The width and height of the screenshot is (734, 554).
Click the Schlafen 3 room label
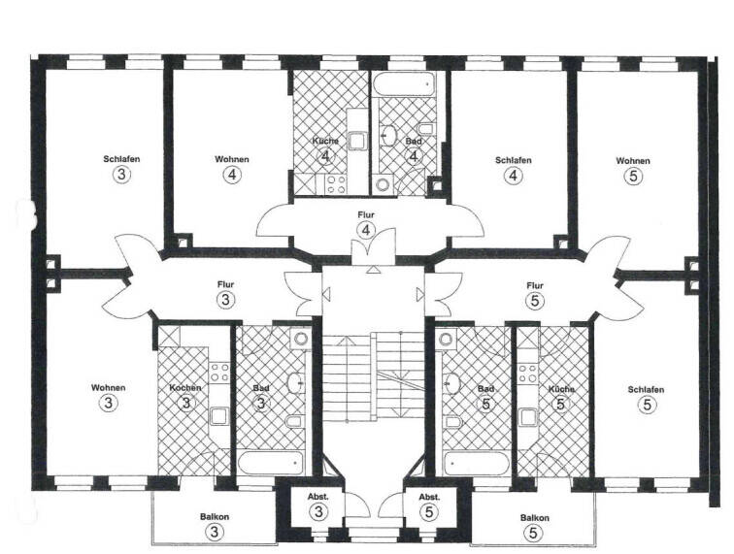point(120,159)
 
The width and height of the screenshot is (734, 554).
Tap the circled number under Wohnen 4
point(232,176)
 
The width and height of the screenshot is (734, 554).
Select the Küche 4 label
point(325,142)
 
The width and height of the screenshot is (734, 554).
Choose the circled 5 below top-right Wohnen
point(633,176)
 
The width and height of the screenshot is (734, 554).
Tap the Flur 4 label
point(366,214)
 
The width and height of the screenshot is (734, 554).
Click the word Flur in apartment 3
point(225,284)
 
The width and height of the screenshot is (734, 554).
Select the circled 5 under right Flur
point(533,301)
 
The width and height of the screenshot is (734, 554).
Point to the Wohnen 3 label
point(110,387)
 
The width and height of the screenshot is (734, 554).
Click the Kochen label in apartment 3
point(185,388)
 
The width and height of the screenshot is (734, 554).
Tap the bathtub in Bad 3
point(271,462)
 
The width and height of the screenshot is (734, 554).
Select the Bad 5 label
point(486,389)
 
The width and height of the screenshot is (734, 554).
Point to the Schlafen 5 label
point(646,389)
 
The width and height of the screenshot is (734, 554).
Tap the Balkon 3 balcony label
point(216,517)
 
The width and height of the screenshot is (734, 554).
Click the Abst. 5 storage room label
point(429,497)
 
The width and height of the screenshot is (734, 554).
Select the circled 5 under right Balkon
point(533,533)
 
